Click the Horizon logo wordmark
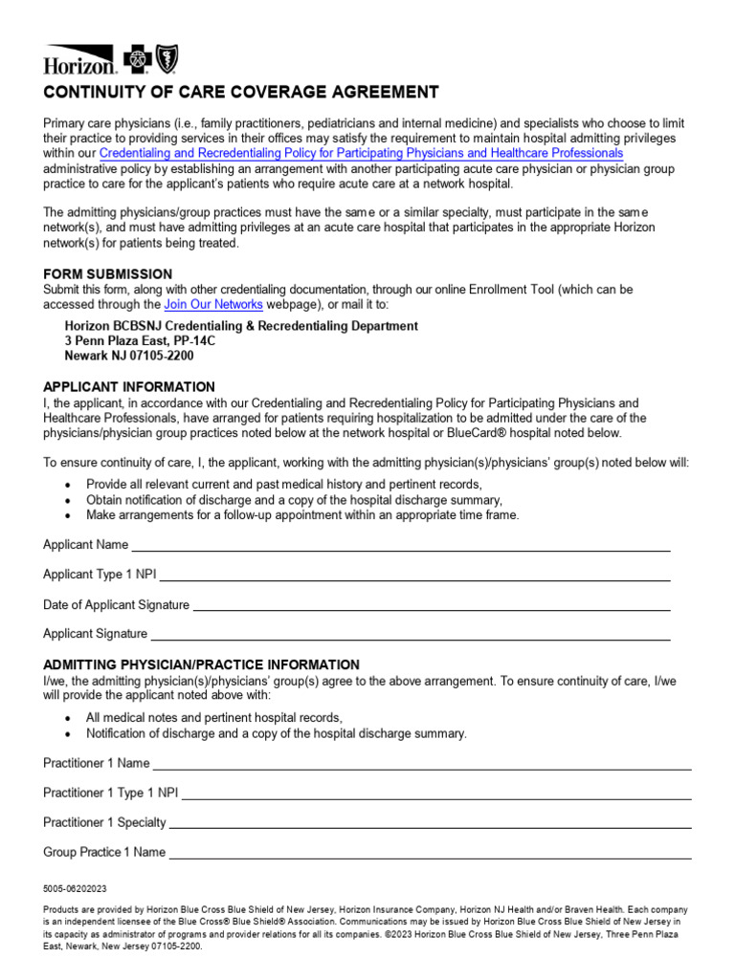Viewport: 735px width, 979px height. [x=79, y=64]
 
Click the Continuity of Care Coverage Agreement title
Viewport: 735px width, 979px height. [x=241, y=92]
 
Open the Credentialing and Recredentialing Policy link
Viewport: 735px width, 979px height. [x=361, y=153]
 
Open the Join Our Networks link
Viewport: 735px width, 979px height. [x=212, y=305]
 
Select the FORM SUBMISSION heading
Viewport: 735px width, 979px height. [x=108, y=274]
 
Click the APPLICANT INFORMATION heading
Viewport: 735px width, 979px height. [x=129, y=387]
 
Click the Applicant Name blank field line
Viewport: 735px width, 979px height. [x=400, y=546]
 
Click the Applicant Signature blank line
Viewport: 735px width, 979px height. [x=411, y=635]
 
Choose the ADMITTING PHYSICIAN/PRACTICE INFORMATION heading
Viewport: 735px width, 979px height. [x=201, y=664]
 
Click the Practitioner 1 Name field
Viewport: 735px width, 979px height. [x=422, y=764]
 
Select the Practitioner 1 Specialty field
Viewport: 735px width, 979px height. [x=430, y=823]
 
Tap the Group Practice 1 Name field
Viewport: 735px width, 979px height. [x=430, y=853]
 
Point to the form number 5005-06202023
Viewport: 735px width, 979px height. [x=76, y=889]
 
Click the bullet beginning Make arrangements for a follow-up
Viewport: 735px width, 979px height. [x=302, y=515]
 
